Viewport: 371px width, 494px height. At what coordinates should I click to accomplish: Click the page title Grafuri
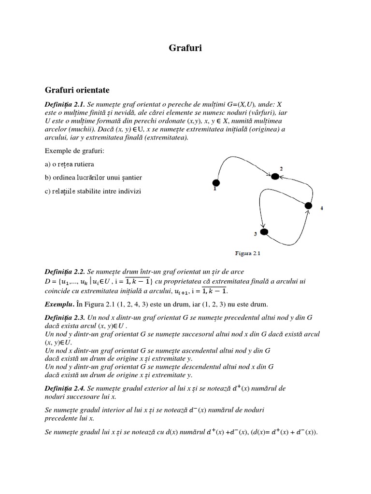click(185, 48)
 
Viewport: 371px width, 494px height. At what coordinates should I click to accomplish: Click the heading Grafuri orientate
click(77, 90)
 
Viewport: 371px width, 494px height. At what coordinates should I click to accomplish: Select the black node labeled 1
click(216, 182)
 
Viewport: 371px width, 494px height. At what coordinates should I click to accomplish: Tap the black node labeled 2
click(275, 177)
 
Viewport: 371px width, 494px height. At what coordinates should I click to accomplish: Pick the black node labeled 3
click(264, 232)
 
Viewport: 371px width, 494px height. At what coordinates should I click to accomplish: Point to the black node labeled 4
click(309, 206)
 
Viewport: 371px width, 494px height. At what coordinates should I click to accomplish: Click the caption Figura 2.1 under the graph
click(248, 251)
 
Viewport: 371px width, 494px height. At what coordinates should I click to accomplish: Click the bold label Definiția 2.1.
click(65, 104)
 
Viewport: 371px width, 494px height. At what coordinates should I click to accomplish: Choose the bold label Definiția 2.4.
click(65, 388)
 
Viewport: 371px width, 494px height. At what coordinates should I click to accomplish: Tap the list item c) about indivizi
click(93, 191)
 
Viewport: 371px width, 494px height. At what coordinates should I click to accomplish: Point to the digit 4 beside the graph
click(322, 208)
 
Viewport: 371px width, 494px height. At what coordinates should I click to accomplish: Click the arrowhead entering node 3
click(263, 224)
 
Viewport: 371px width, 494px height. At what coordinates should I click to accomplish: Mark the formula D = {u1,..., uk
click(70, 281)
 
